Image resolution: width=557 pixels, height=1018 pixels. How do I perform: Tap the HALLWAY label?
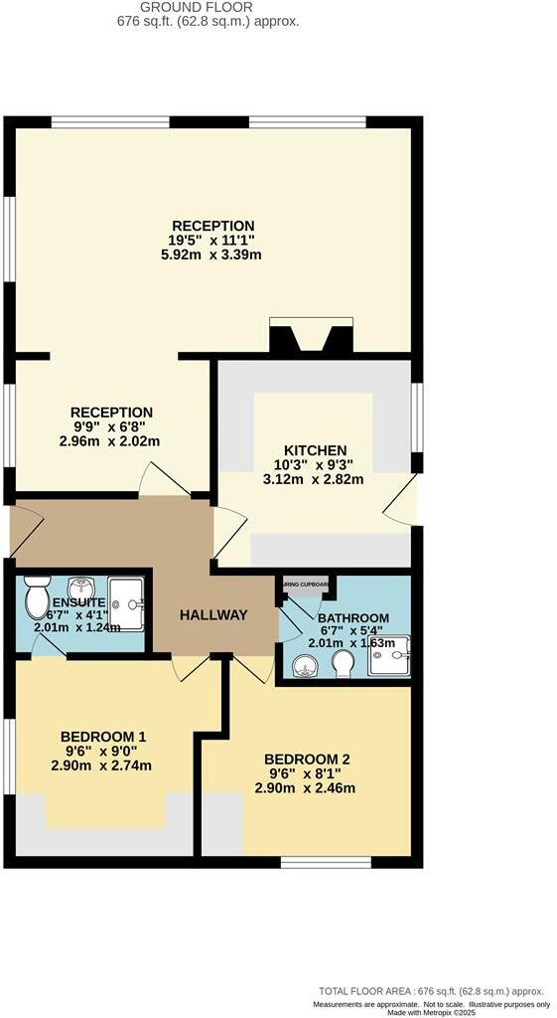point(213,615)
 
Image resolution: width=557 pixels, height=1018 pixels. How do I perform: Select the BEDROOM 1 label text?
point(103,737)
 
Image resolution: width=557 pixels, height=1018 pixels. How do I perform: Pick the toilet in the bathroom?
point(344,664)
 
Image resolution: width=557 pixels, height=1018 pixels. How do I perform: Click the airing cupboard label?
point(308,584)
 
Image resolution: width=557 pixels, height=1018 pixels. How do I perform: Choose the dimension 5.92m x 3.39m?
point(213,254)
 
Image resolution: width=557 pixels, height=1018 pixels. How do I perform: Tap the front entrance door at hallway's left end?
point(25,529)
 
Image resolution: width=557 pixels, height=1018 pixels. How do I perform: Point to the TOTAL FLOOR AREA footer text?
point(431,991)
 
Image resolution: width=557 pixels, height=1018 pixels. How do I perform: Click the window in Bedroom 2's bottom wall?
point(326,861)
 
